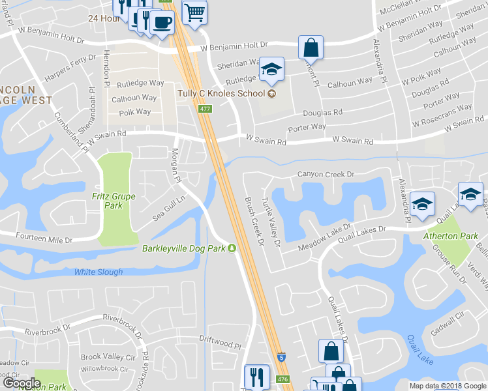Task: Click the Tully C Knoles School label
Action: (221, 93)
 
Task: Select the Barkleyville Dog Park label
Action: (185, 248)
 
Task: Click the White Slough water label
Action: (98, 272)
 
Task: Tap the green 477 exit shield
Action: (205, 109)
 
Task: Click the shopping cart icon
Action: (194, 12)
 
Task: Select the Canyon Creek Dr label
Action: (326, 175)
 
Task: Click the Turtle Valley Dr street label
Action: (270, 222)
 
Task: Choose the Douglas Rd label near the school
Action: (322, 112)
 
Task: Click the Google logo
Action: (22, 383)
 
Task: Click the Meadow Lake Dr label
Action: (324, 238)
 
